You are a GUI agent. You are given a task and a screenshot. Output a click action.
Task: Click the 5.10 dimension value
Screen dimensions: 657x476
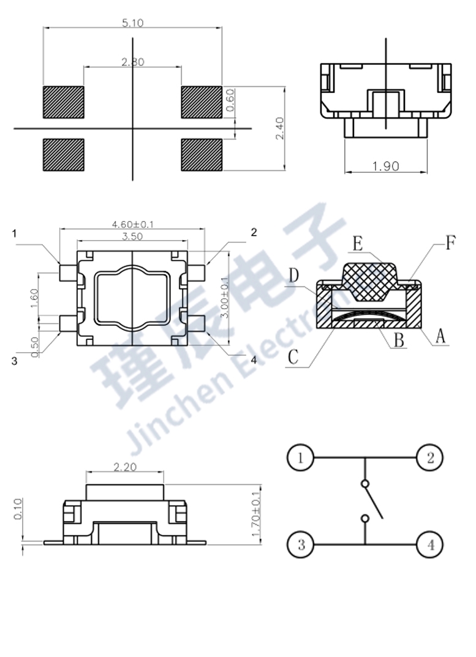tap(132, 23)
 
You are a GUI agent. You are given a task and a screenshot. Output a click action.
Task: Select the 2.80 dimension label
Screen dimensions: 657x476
tap(132, 62)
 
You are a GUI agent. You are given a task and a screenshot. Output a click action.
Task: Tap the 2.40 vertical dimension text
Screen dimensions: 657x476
tap(279, 129)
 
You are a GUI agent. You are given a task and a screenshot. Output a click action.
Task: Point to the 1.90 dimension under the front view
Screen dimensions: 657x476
tap(385, 166)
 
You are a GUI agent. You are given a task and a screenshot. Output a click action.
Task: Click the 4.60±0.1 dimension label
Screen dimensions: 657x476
tap(133, 225)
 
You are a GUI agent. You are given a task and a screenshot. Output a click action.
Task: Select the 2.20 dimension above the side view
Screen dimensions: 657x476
tap(125, 467)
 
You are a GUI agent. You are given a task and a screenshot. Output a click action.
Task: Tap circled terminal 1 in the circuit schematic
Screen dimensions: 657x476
tap(300, 457)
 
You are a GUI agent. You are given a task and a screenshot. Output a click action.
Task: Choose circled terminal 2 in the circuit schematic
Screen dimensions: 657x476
tap(430, 457)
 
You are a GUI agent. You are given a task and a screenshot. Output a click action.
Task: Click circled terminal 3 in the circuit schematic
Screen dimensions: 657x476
tap(300, 544)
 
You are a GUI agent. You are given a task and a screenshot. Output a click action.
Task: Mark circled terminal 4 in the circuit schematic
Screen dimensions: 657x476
tap(430, 544)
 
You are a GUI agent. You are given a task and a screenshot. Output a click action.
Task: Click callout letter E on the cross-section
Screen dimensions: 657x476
tap(358, 243)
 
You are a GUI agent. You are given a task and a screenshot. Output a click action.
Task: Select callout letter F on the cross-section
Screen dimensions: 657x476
tap(450, 244)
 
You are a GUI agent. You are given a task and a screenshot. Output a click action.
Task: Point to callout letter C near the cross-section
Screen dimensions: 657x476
tap(293, 356)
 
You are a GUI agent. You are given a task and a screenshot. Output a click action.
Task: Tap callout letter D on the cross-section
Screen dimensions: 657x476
tap(293, 276)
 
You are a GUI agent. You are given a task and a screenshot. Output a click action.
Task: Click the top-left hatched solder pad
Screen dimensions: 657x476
tap(63, 102)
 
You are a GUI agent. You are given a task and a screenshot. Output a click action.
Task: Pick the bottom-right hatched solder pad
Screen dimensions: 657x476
tap(202, 155)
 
